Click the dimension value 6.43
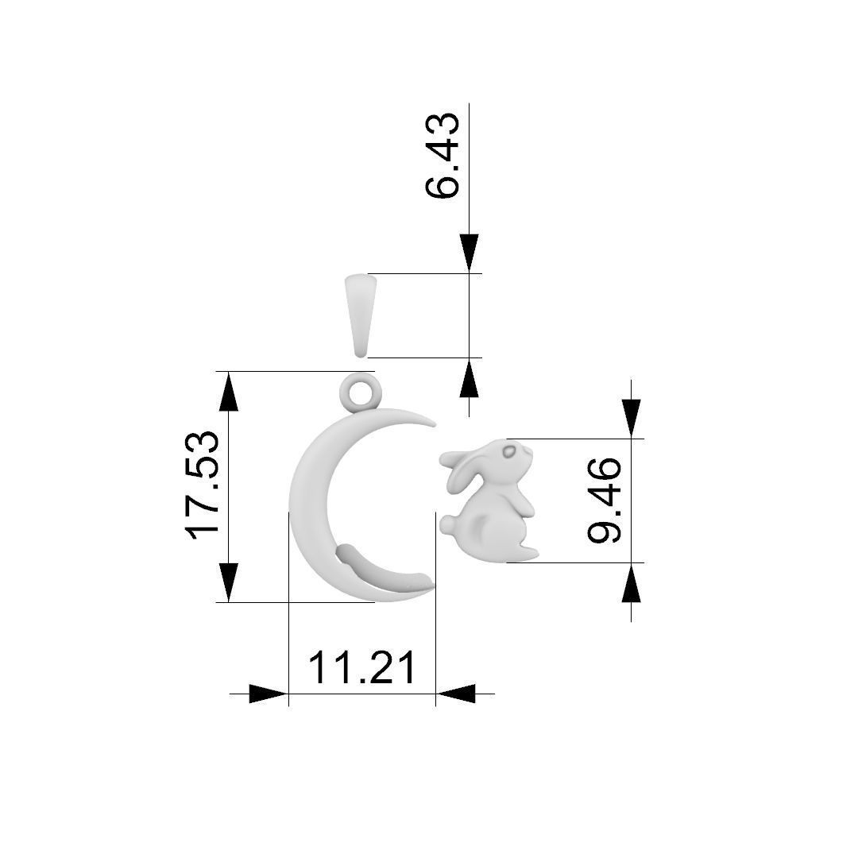coord(443,155)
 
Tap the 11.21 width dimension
coord(361,667)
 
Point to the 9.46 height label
coord(605,500)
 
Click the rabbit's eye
coord(508,452)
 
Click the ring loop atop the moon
coord(361,392)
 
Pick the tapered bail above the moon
coord(361,315)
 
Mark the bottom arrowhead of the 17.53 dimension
coord(229,582)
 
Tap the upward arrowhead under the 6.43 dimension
coord(470,378)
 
